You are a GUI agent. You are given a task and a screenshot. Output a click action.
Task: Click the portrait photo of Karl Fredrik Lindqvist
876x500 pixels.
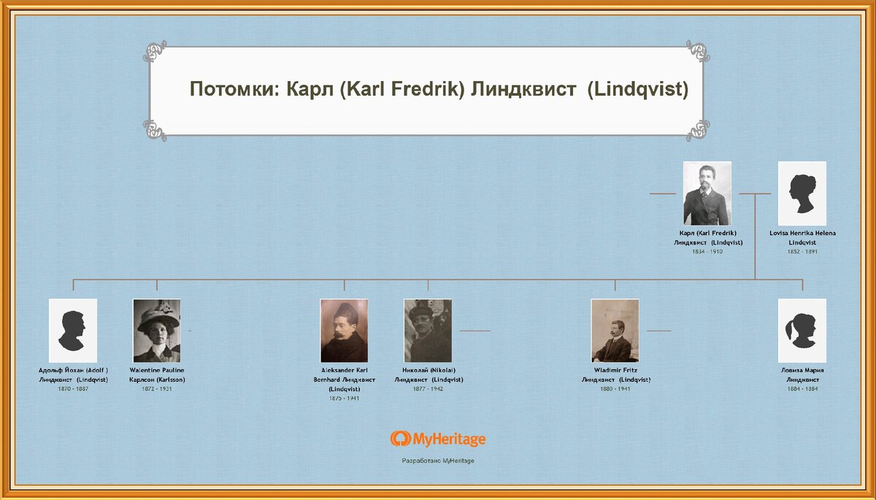tap(707, 193)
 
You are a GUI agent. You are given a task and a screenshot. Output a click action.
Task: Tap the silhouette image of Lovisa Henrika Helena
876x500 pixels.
tap(802, 193)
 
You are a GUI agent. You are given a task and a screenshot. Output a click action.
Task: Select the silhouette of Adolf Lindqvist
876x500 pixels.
tap(73, 331)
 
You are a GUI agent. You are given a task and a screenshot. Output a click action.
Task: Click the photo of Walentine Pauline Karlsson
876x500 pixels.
tap(156, 331)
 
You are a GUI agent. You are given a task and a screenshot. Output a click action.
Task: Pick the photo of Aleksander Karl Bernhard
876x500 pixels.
tap(344, 331)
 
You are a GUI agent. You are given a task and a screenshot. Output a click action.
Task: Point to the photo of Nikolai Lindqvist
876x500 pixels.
tap(428, 331)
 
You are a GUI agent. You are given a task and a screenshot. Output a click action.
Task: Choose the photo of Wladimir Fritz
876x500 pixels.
tap(615, 331)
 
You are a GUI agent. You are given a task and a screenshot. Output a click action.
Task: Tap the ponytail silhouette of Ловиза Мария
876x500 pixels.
tap(802, 331)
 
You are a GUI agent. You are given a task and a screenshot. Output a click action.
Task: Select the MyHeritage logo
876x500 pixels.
tap(437, 439)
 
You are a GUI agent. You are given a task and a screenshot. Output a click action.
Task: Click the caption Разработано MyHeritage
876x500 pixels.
tap(437, 461)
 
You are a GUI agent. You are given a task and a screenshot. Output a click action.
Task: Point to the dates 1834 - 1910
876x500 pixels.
tap(707, 251)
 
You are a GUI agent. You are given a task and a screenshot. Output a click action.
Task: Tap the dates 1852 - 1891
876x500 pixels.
tap(802, 251)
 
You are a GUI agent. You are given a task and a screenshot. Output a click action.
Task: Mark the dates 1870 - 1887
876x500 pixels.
tap(73, 388)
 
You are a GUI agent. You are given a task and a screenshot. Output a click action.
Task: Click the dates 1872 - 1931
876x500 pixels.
tap(156, 388)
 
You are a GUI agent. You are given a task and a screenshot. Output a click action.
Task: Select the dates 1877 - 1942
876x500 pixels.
tap(428, 388)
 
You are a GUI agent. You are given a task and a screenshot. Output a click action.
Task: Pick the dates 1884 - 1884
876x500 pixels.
tap(802, 388)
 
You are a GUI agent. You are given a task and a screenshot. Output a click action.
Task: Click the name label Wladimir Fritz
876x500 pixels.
tap(615, 370)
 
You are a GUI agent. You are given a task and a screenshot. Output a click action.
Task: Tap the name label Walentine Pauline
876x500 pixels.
tap(156, 370)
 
